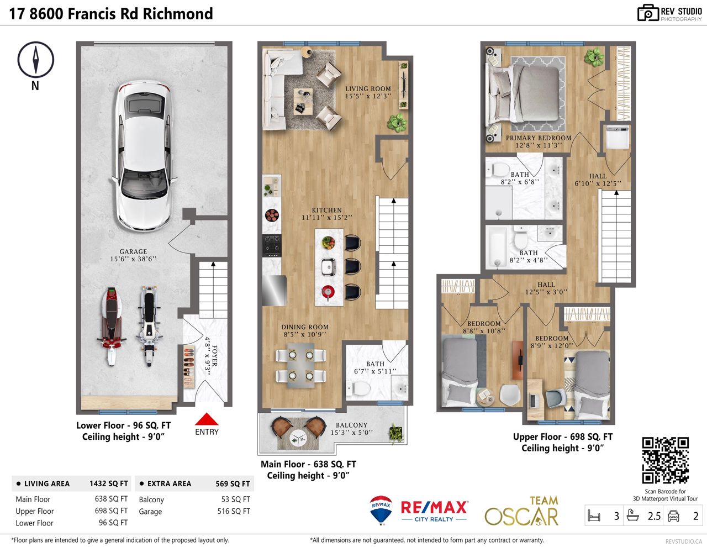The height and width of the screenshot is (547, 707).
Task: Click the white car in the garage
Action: point(144,156)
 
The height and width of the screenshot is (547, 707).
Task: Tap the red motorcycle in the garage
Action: point(111,327)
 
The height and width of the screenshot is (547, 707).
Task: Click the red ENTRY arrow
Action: point(207,419)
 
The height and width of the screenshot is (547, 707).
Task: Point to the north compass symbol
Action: point(35,60)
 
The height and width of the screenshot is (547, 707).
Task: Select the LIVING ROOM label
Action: point(368,88)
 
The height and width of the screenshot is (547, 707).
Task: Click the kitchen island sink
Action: point(328,266)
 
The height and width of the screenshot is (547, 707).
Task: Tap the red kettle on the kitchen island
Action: point(328,292)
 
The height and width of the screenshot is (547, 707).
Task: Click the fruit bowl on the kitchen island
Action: point(328,243)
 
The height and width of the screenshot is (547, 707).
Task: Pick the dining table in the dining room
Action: point(301,365)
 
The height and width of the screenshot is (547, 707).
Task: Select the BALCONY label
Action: point(351,425)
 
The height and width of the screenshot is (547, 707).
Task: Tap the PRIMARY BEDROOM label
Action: point(539,138)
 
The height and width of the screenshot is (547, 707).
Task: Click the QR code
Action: point(666,460)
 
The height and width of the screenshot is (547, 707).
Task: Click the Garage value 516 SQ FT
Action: point(234,511)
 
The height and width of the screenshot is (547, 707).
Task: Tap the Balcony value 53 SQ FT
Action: point(235,499)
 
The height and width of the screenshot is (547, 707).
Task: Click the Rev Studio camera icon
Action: point(648,13)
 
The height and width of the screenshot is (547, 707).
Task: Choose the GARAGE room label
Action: point(133,251)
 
